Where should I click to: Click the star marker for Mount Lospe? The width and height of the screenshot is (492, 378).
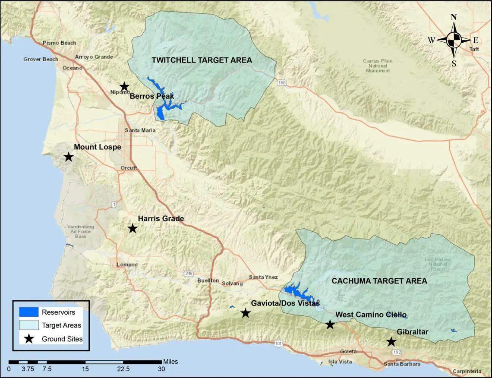click(68, 157)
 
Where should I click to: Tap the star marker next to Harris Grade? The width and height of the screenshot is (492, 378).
click(132, 228)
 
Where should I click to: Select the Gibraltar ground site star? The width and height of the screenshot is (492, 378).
click(391, 342)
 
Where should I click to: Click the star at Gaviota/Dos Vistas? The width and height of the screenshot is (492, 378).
click(245, 313)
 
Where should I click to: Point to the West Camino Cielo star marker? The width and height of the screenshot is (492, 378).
click(330, 324)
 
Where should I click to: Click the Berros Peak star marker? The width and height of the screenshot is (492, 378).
click(124, 87)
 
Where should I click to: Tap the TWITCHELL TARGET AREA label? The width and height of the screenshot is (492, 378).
click(202, 60)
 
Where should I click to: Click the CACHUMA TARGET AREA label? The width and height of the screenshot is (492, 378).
click(379, 281)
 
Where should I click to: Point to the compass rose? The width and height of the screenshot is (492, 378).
click(454, 41)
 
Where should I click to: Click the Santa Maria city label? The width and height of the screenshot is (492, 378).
click(140, 130)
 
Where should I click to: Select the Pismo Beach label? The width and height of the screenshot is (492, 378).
click(59, 43)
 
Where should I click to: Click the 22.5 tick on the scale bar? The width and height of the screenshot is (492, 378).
click(123, 369)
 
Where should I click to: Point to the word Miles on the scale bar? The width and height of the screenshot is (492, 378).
click(170, 362)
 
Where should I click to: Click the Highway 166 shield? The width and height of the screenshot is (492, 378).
click(282, 83)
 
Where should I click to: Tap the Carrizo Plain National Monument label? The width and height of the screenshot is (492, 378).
click(378, 66)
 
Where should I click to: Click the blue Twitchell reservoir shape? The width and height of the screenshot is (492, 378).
click(161, 113)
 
